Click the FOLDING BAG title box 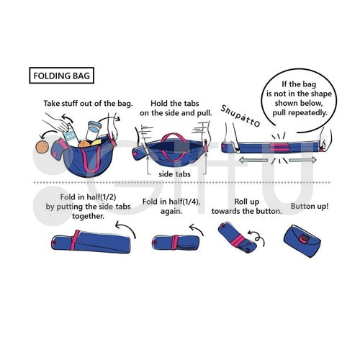(61, 76)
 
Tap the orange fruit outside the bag (42, 147)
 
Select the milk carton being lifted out (71, 135)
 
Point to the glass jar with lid (93, 131)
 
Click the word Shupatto (240, 116)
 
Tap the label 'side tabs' (174, 174)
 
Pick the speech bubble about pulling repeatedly (299, 101)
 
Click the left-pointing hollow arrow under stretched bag (253, 160)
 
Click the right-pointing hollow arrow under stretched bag (302, 160)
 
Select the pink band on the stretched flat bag (279, 148)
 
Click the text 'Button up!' (310, 207)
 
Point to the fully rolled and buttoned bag (302, 240)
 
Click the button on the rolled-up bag (305, 238)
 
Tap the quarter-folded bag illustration (176, 243)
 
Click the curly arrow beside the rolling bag (257, 238)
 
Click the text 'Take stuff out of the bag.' (88, 104)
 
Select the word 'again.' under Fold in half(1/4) (171, 212)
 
